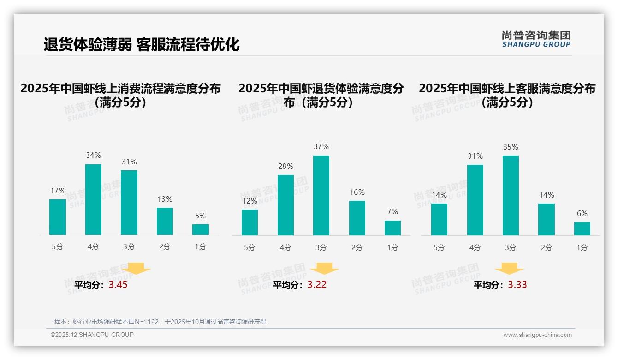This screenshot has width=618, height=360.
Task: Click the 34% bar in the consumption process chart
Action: coord(93,199)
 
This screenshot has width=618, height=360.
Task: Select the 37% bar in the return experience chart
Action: coord(321,195)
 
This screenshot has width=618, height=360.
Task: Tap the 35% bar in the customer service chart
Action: coord(511,195)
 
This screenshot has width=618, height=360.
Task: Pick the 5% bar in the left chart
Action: coord(201,229)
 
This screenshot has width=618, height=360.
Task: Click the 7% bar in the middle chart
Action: coord(392,228)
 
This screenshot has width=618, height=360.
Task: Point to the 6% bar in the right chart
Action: coord(582,228)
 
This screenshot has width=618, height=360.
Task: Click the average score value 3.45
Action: coord(118,285)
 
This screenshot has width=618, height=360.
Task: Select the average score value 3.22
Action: coord(317,285)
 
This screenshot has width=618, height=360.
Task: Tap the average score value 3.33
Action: coord(517,285)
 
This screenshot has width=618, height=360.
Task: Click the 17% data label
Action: coord(58,191)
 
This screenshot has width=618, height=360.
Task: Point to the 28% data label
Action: coord(285,166)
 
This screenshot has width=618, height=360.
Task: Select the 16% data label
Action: coord(357,192)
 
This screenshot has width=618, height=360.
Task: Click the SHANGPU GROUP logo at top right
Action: coord(536,39)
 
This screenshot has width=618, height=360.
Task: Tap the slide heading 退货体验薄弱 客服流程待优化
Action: coord(142,45)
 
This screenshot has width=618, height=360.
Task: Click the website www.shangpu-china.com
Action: coord(537,335)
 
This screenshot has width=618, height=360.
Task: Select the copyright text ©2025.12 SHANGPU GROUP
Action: coord(92,335)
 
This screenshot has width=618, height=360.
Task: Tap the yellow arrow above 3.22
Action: coord(324,269)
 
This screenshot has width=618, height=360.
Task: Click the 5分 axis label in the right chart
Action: coord(439,248)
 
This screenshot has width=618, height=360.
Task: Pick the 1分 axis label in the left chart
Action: coord(201,247)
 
